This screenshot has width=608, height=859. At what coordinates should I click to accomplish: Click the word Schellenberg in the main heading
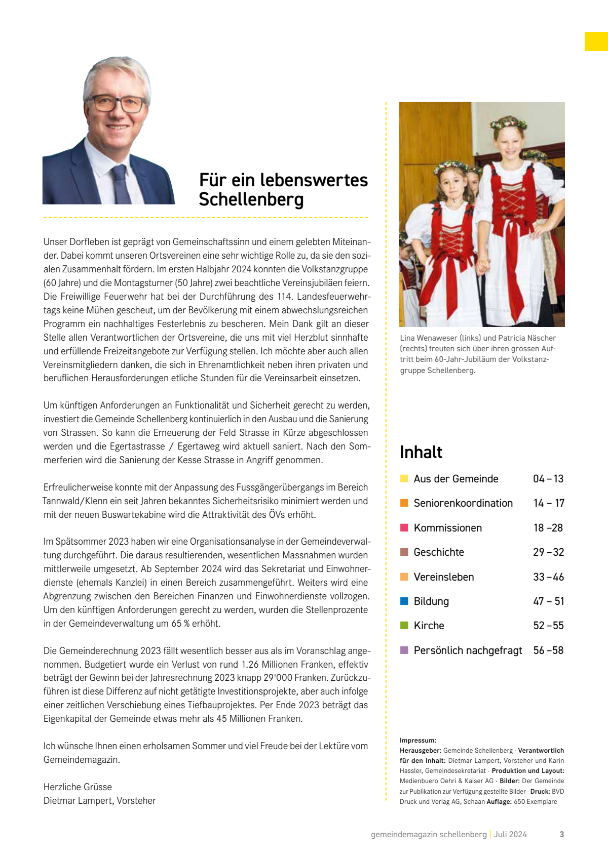pos(251,199)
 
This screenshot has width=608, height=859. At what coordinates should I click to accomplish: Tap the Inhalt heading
pos(421,452)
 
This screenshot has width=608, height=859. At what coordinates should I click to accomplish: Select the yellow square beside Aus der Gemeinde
pos(404,478)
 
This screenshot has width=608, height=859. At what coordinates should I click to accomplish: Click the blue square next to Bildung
pos(404,601)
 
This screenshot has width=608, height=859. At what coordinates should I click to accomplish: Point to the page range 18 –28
pos(548,527)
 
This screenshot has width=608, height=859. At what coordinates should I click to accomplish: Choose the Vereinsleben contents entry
pos(443,577)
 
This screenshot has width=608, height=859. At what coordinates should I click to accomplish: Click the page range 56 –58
pos(548,650)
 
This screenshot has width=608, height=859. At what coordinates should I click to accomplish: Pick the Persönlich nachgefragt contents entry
pos(467,650)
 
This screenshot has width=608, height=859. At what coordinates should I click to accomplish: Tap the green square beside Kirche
pos(404,625)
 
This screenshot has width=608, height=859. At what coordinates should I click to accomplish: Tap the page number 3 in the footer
pos(561,834)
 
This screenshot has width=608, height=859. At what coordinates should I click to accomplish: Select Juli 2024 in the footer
pos(510,834)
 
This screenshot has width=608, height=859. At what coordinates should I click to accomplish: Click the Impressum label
pos(417,740)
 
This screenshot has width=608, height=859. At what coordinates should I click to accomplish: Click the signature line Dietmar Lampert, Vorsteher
pos(99,800)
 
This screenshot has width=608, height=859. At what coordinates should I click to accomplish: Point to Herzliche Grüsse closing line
pos(78,787)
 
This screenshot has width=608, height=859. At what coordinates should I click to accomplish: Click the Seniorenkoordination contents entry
pos(463,503)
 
